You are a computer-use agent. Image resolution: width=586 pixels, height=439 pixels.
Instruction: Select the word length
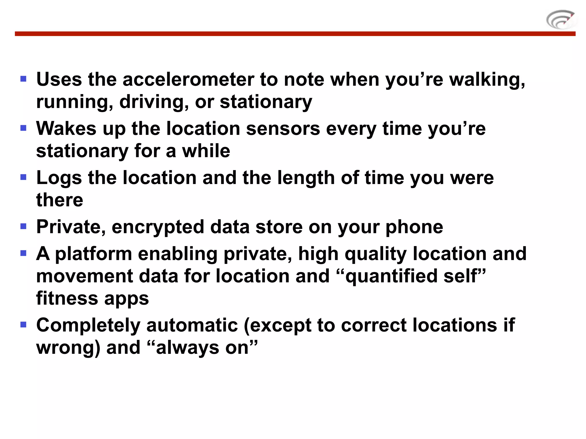[306, 178]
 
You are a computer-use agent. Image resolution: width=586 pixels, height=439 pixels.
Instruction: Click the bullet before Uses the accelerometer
[23, 79]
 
